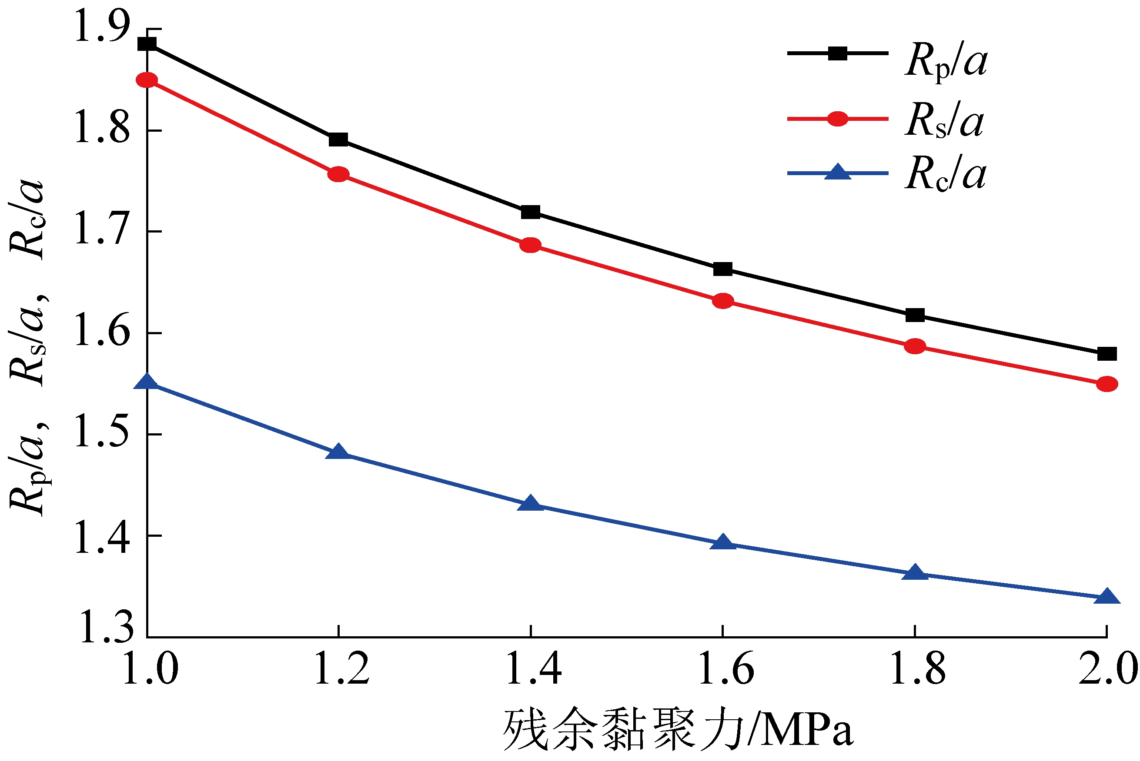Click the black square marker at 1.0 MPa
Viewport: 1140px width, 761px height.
[147, 44]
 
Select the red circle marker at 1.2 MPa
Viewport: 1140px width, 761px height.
[338, 174]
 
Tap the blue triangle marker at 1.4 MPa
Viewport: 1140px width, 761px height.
[530, 504]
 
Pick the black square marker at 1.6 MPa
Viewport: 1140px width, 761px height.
[723, 269]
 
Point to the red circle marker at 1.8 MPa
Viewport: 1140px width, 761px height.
[915, 346]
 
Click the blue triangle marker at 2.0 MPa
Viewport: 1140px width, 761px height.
[1107, 596]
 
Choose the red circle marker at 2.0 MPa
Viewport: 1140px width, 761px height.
[1107, 384]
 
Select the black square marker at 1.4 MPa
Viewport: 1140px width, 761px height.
[530, 212]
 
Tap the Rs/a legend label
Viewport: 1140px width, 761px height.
[944, 121]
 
